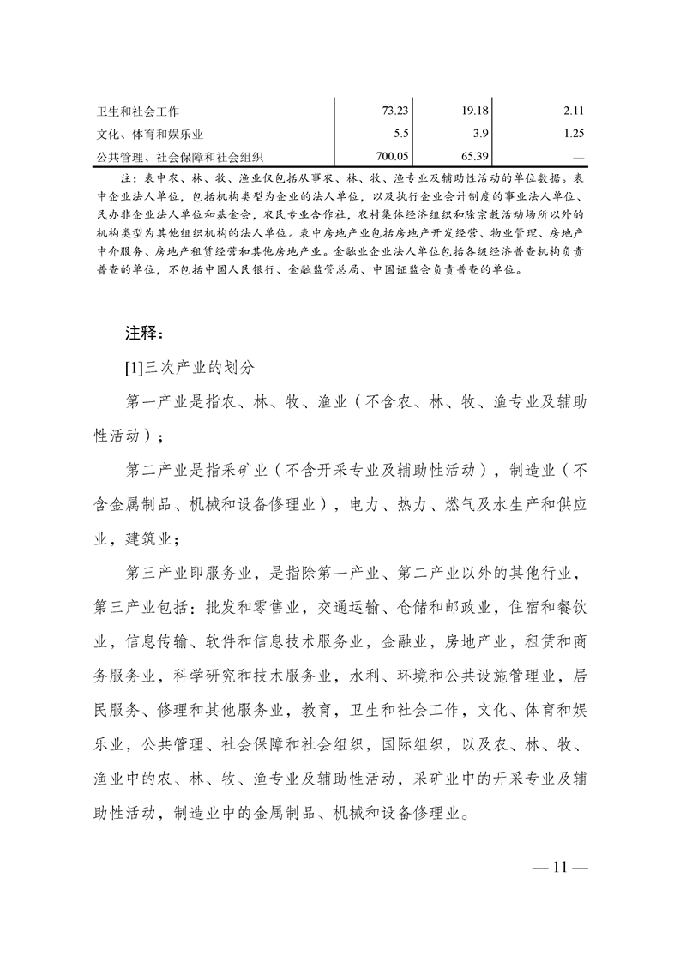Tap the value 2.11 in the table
(x=574, y=111)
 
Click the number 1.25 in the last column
(x=574, y=134)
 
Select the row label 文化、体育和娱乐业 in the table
(x=149, y=135)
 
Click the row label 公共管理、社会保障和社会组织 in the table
(x=179, y=157)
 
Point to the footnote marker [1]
(x=133, y=369)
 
